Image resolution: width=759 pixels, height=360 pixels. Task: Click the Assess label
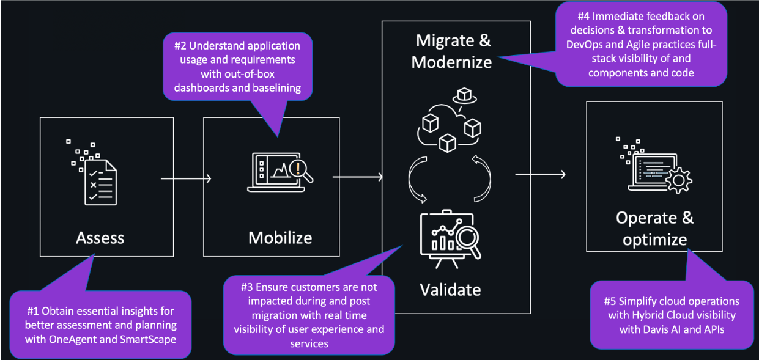100,237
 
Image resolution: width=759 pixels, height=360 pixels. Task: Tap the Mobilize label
280,237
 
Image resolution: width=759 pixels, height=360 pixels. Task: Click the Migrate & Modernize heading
453,51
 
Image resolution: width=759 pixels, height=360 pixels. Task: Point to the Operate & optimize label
654,229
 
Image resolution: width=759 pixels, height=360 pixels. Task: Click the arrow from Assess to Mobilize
186,178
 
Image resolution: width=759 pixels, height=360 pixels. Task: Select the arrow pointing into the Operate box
540,175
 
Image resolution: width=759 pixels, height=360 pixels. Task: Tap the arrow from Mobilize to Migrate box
358,177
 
